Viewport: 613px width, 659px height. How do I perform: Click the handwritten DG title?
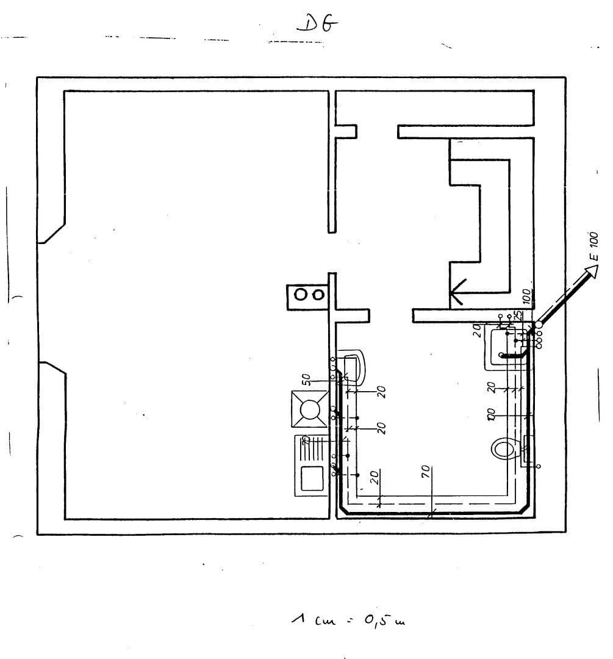click(317, 24)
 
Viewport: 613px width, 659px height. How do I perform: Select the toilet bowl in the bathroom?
click(503, 449)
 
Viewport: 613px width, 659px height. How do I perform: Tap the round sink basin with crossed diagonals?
click(310, 408)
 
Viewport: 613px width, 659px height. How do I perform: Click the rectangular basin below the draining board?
click(311, 478)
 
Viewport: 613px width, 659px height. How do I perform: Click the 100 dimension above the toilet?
click(490, 414)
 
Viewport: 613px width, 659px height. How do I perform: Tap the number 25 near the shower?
click(517, 315)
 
